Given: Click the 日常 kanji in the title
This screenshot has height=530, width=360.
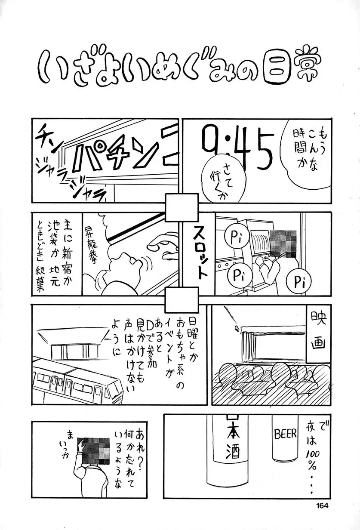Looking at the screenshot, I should click(x=292, y=68).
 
